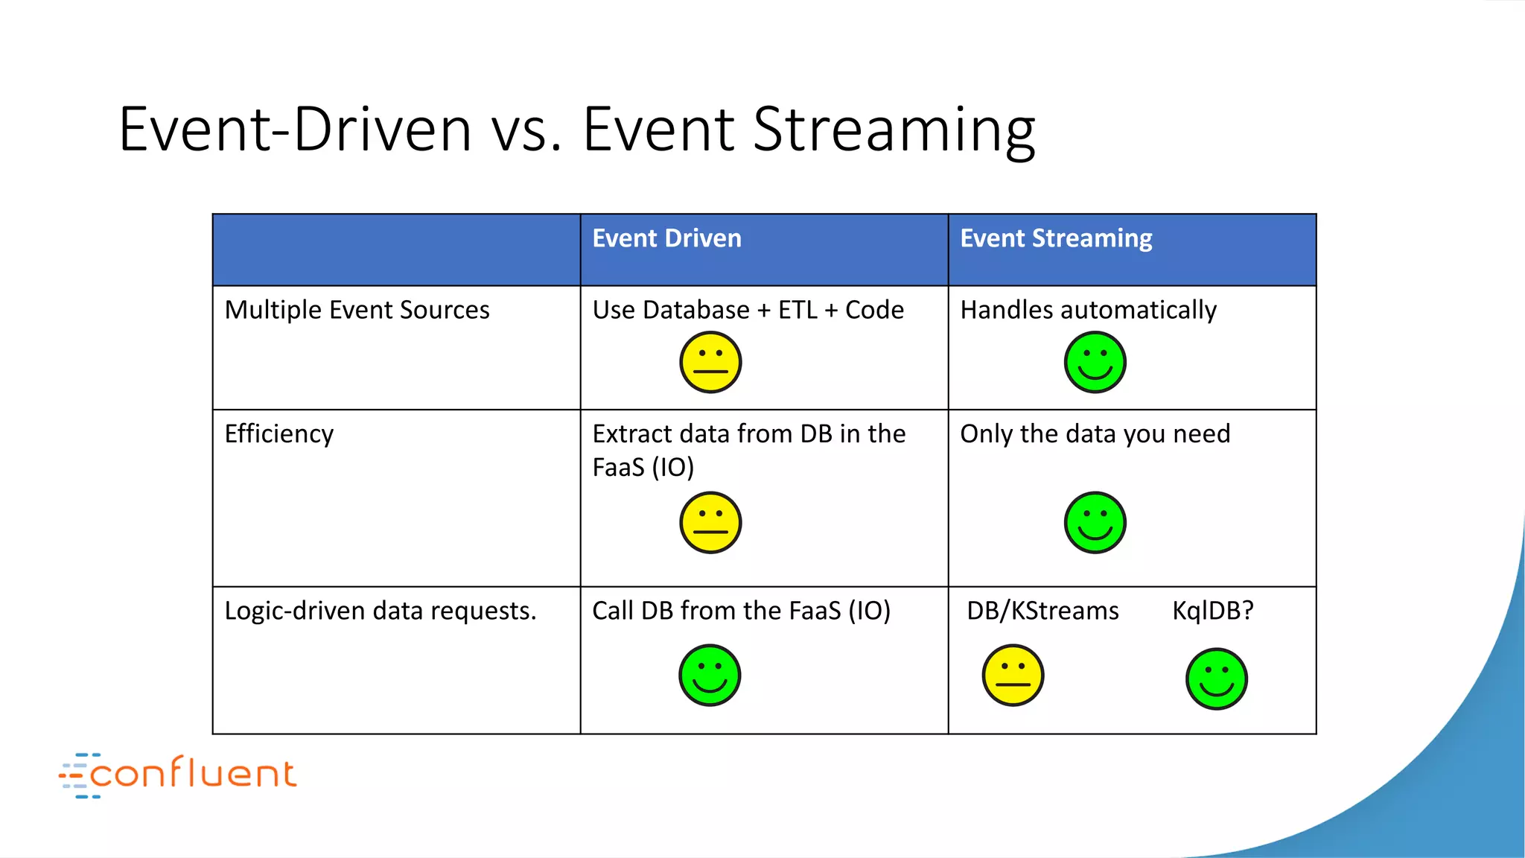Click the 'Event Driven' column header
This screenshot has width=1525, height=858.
pyautogui.click(x=666, y=238)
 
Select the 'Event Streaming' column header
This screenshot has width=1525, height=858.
pyautogui.click(x=1055, y=238)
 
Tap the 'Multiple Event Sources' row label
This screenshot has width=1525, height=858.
pyautogui.click(x=357, y=310)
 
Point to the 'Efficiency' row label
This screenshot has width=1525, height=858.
pyautogui.click(x=279, y=433)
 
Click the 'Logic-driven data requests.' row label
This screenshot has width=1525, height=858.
pyautogui.click(x=380, y=611)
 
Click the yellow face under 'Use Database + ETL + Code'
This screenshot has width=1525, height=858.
pyautogui.click(x=710, y=363)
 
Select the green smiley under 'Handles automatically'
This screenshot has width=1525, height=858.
pyautogui.click(x=1095, y=363)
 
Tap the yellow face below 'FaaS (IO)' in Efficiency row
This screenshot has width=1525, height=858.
pyautogui.click(x=710, y=523)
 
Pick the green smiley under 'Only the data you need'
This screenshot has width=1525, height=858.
pyautogui.click(x=1095, y=523)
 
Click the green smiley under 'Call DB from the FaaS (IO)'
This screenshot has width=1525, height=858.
pyautogui.click(x=710, y=676)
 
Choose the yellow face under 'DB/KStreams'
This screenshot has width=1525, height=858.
pyautogui.click(x=1013, y=676)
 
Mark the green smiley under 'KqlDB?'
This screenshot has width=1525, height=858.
pyautogui.click(x=1216, y=679)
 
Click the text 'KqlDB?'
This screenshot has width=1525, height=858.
pyautogui.click(x=1212, y=611)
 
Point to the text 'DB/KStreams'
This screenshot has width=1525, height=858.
pyautogui.click(x=1042, y=611)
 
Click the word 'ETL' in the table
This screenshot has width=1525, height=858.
pyautogui.click(x=797, y=310)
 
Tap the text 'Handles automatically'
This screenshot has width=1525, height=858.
pyautogui.click(x=1088, y=310)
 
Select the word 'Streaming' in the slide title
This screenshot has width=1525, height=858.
pyautogui.click(x=894, y=130)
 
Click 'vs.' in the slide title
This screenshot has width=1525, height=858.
pyautogui.click(x=526, y=130)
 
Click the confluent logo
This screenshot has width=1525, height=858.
pyautogui.click(x=179, y=775)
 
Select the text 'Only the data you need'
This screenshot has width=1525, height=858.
pyautogui.click(x=1095, y=433)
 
